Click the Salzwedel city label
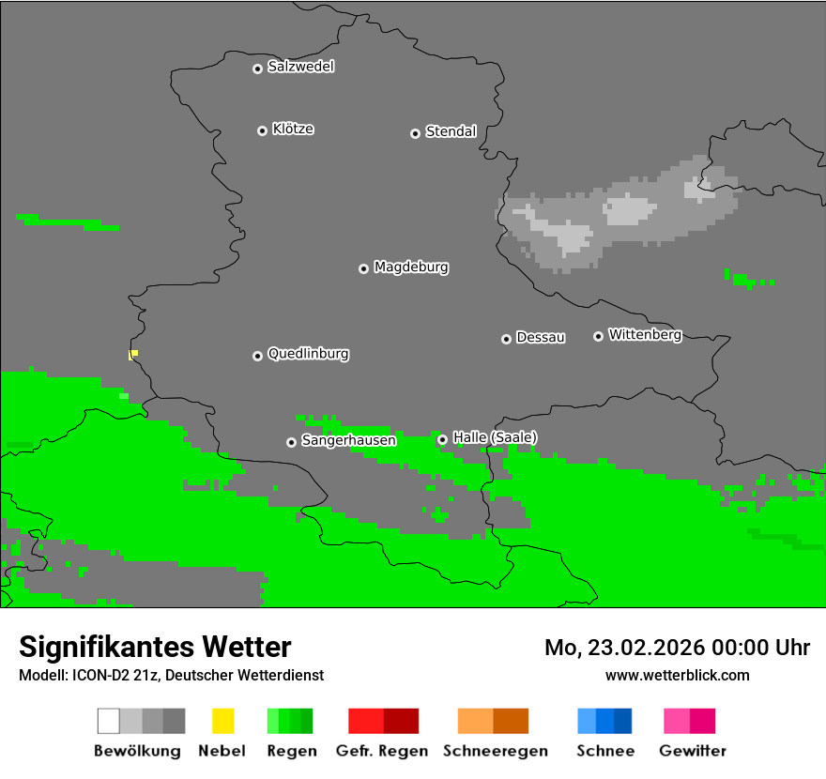(300, 67)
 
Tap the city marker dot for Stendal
(415, 133)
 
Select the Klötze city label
(293, 129)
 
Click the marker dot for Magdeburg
(363, 268)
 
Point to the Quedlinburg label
(308, 354)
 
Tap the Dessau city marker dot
(506, 339)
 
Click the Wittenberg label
(645, 334)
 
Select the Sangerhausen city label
(348, 440)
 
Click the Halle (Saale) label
(495, 437)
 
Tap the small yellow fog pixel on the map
(133, 354)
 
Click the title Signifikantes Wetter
(155, 647)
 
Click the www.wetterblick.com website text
(677, 675)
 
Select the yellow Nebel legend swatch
(222, 721)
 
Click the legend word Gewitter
(692, 751)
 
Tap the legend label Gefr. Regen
(382, 751)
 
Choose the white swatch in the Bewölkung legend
(108, 721)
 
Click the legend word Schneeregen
(494, 751)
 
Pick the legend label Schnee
(604, 751)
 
